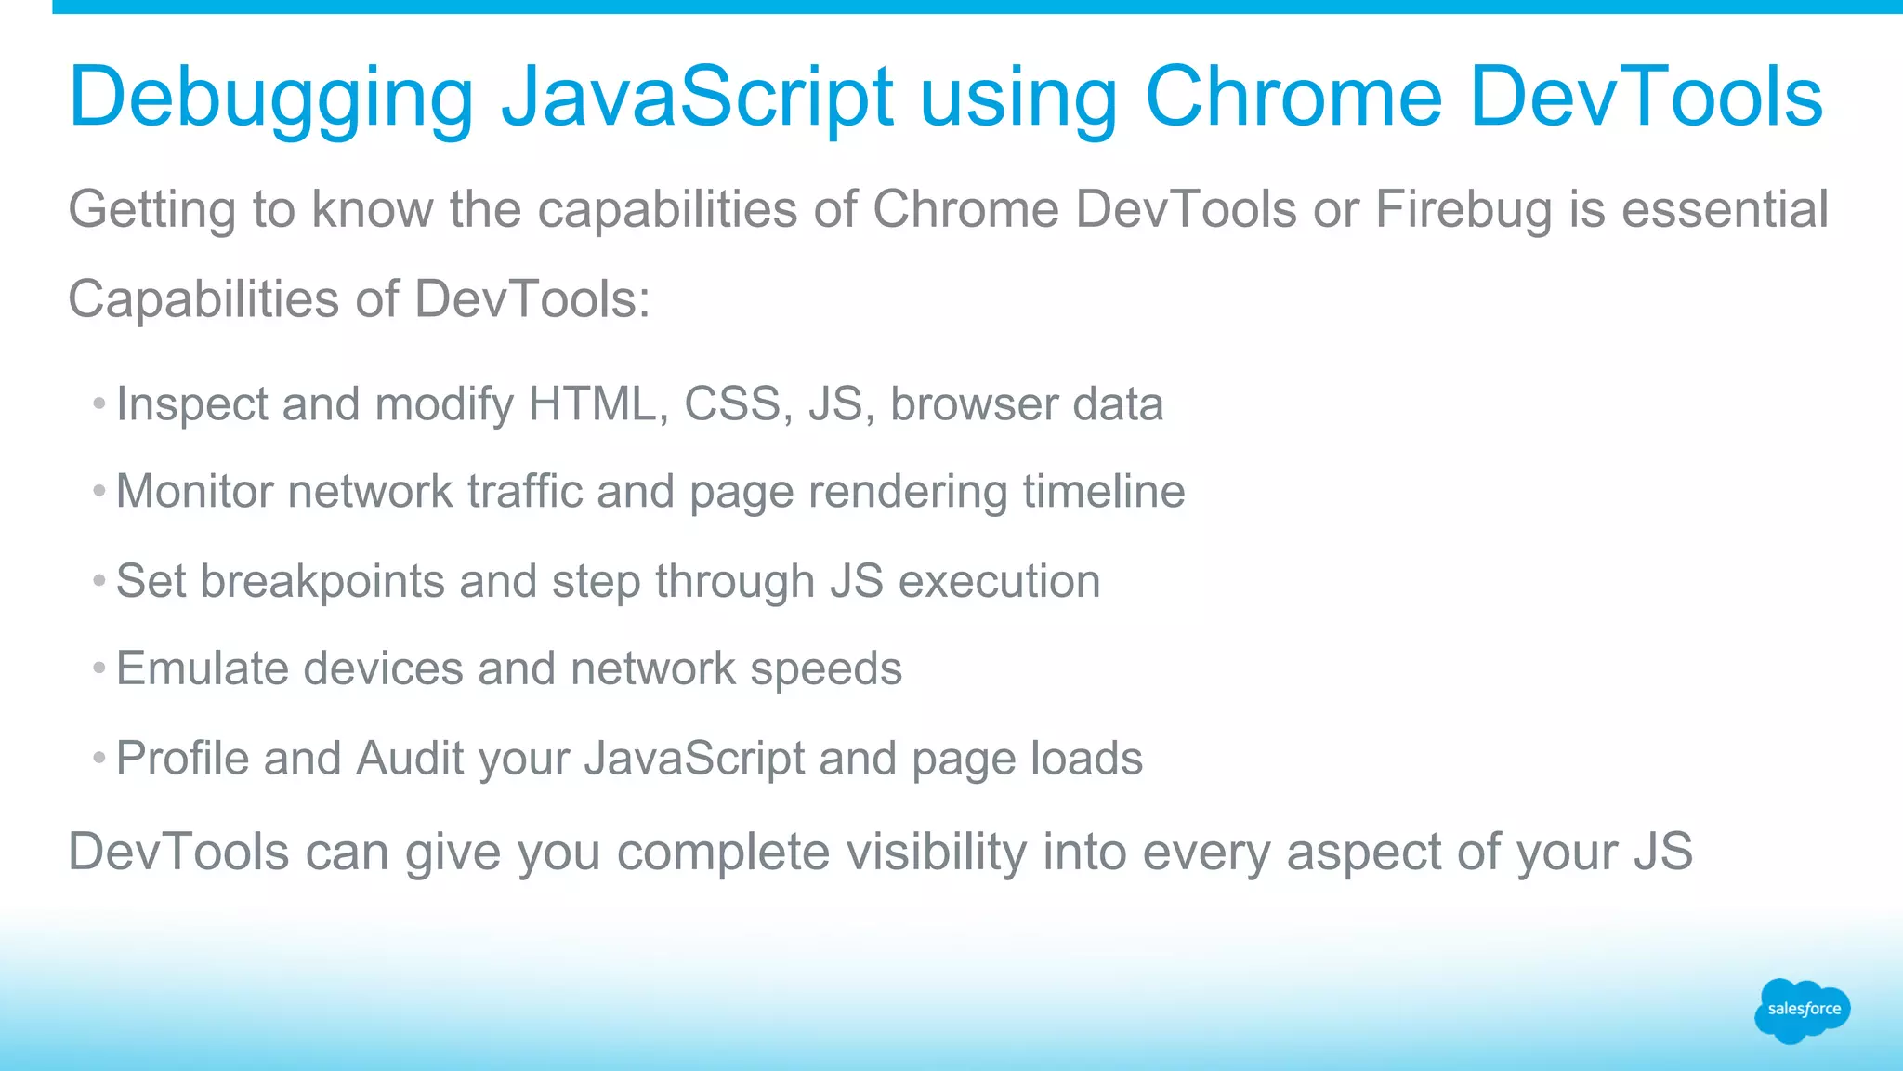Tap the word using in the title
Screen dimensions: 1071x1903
pyautogui.click(x=1018, y=98)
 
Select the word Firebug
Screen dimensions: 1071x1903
pyautogui.click(x=1463, y=210)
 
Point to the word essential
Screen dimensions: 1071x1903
pyautogui.click(x=1725, y=210)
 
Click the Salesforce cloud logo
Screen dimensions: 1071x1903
pyautogui.click(x=1803, y=1010)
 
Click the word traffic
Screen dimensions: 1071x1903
pyautogui.click(x=524, y=492)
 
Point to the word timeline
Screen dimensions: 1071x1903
pyautogui.click(x=1104, y=492)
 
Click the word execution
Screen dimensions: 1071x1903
pyautogui.click(x=999, y=582)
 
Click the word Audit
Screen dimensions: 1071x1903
pyautogui.click(x=410, y=759)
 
